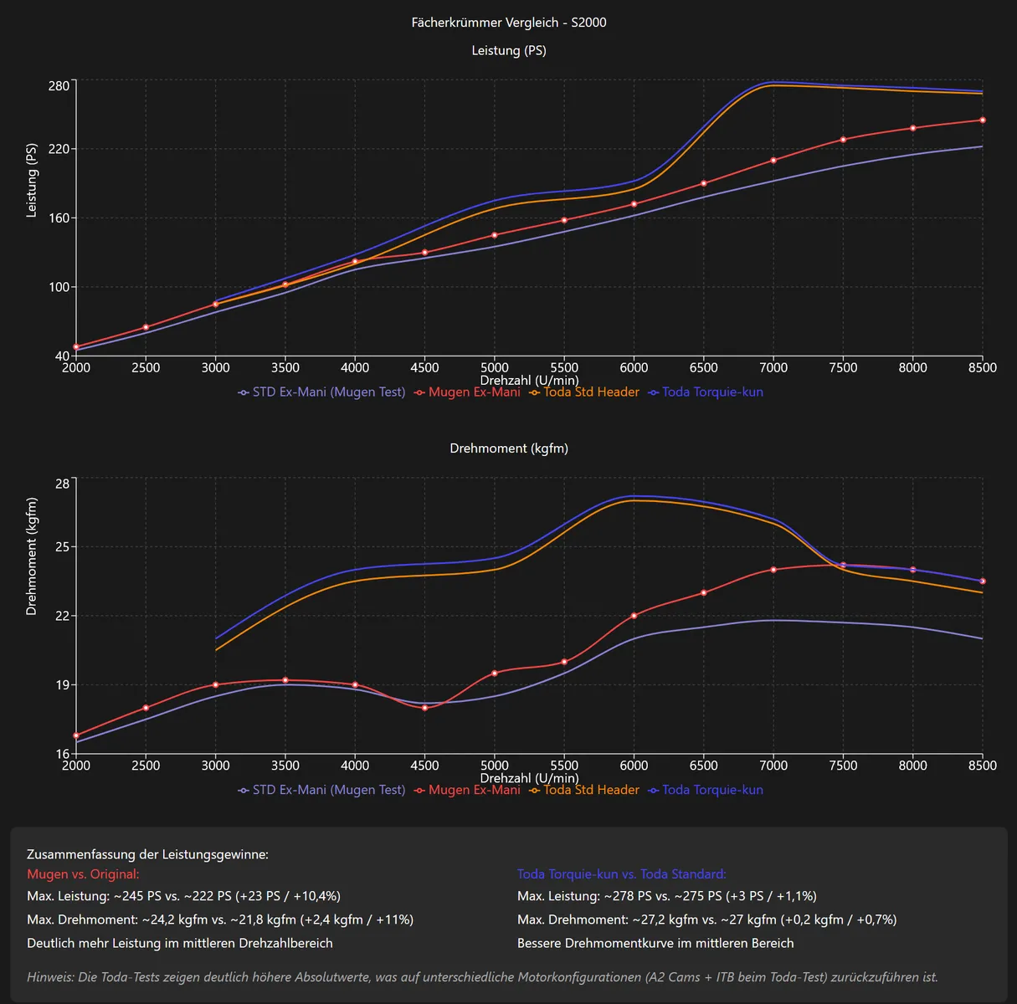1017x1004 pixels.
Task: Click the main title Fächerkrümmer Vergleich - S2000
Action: coord(509,23)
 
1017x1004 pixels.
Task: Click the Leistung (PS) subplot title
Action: coord(509,50)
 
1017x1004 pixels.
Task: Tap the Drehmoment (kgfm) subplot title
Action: coord(509,448)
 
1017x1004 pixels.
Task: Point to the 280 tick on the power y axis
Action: coord(59,86)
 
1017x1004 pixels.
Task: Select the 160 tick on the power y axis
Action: coord(59,218)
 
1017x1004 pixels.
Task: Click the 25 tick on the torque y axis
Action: coord(63,547)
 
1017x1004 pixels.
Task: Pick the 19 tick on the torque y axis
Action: coord(63,685)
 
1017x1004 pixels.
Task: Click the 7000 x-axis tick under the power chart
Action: coord(773,367)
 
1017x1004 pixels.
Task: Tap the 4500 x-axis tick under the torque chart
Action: coord(424,766)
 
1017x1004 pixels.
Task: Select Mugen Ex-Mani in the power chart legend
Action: coord(474,392)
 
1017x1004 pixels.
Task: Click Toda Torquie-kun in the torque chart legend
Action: coord(712,790)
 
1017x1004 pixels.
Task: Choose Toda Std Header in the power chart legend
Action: coord(591,392)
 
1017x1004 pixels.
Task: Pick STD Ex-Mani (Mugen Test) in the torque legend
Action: coord(328,790)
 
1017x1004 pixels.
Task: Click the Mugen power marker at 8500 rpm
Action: coord(983,120)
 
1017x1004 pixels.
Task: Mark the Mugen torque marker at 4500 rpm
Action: coord(424,708)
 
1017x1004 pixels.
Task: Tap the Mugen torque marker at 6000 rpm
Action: coord(634,616)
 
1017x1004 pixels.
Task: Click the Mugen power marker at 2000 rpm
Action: coord(76,347)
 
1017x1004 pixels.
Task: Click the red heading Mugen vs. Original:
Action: coord(83,874)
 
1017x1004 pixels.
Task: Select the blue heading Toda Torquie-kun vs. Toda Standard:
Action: coord(622,874)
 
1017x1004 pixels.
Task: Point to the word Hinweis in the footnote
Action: coord(49,977)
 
